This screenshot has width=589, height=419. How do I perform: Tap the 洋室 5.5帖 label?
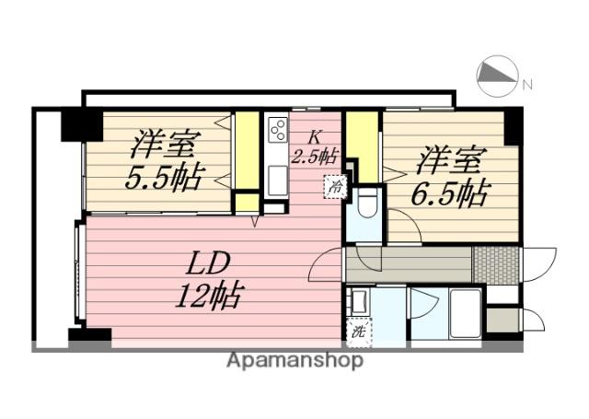click(x=165, y=160)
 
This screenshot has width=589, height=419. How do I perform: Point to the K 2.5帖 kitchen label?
click(x=314, y=146)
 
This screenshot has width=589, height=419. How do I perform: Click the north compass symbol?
click(x=498, y=77)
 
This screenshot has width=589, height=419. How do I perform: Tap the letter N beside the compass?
click(x=527, y=86)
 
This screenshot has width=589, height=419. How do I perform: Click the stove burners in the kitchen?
click(x=276, y=131)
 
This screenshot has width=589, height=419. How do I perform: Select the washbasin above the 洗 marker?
click(x=359, y=300)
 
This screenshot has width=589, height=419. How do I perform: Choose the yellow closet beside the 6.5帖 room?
click(x=362, y=145)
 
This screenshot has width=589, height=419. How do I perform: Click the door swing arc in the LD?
click(x=324, y=267)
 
